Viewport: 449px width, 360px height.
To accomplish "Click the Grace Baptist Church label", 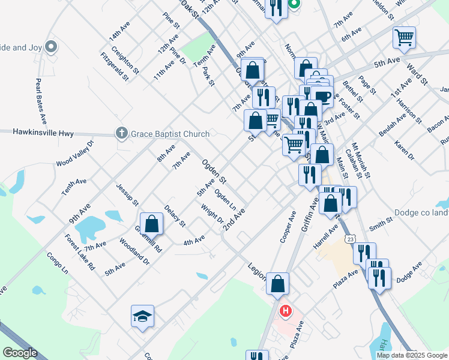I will click(170, 133).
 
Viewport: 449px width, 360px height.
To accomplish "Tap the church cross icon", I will click(122, 133).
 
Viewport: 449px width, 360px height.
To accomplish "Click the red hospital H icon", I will click(286, 311).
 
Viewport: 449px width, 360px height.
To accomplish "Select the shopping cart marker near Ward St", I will click(405, 37).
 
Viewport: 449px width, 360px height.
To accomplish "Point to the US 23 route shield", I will click(349, 239).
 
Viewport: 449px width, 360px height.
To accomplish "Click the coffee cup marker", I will click(322, 97).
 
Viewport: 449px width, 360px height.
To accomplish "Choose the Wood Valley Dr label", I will click(75, 153).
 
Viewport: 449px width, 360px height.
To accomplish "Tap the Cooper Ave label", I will click(289, 227).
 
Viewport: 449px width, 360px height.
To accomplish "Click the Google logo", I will click(20, 353).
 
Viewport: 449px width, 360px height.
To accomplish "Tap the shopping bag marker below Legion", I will click(278, 283).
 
